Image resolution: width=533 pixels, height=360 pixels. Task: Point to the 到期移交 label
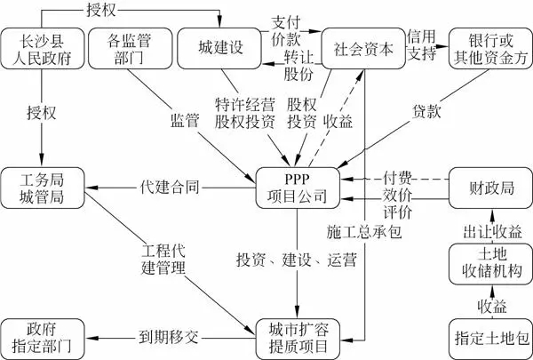tap(168, 338)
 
